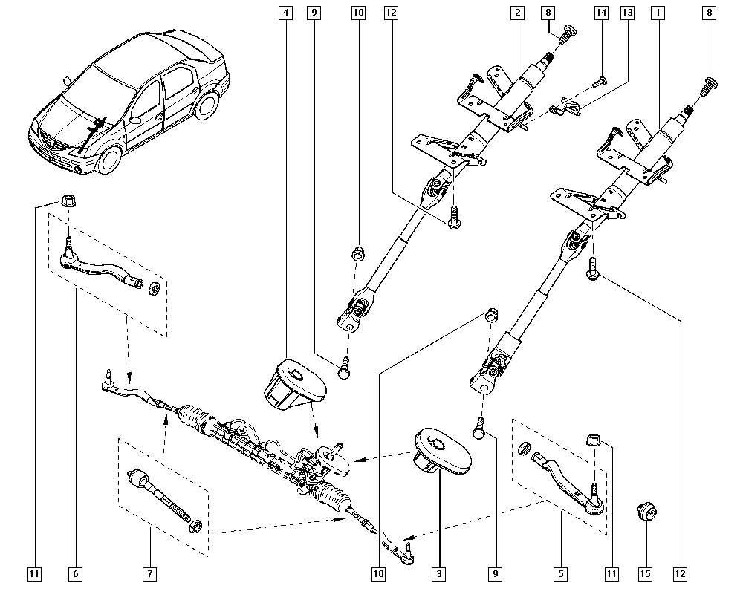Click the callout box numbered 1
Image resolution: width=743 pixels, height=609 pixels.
coord(656,13)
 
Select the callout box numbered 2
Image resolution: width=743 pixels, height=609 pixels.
coord(516,13)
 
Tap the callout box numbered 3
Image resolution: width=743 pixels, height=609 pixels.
coord(439,573)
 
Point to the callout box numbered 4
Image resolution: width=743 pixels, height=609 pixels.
coord(286,13)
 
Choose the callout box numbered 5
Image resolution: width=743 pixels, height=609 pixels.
coord(559,573)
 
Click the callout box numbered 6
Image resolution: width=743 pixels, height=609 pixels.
coord(75,573)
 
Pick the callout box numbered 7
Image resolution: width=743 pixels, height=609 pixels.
coord(149,573)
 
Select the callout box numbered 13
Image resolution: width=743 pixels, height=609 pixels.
coord(628,13)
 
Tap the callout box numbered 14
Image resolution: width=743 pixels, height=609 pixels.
coord(601,13)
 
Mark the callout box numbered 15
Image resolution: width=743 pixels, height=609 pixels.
coord(645,573)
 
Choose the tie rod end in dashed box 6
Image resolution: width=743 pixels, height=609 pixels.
coord(100,268)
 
